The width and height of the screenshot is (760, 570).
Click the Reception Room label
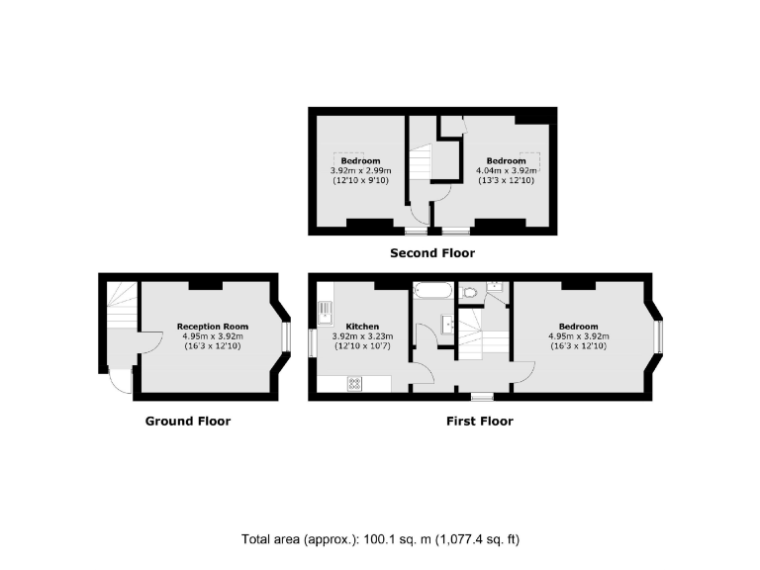pos(212,326)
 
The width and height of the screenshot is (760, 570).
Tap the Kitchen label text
pos(361,326)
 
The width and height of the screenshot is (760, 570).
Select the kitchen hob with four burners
pos(355,383)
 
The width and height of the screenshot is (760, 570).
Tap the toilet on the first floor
pos(471,292)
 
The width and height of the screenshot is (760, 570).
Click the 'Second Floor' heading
pos(431,253)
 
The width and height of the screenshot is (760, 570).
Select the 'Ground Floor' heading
pos(188,421)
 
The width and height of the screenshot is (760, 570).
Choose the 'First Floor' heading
pos(479,421)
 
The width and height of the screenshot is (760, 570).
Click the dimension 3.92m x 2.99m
pos(360,170)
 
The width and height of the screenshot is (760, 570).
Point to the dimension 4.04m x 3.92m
pos(506,170)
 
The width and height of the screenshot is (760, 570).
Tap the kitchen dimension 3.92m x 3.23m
pos(361,335)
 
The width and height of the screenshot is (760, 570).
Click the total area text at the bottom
pos(380,539)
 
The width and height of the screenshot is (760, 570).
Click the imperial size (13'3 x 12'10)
pos(506,180)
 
